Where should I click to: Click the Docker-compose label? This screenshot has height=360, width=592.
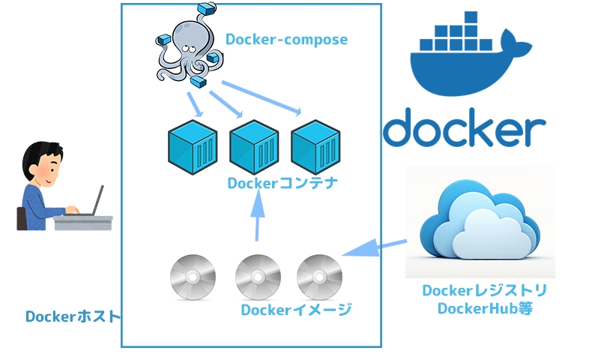point(287,38)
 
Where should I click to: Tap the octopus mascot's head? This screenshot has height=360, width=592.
point(187,34)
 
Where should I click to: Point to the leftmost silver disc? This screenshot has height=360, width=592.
point(193,277)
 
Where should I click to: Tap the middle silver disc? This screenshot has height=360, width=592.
point(258,277)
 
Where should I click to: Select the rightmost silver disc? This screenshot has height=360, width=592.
point(319,277)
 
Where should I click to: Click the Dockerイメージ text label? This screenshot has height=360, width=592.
point(297,310)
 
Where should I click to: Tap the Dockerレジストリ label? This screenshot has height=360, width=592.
point(485,290)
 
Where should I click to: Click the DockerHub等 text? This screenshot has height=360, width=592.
point(485,308)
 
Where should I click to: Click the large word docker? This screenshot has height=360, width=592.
point(464,128)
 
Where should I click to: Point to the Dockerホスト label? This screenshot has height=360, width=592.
point(73,316)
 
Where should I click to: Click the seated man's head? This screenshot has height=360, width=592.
point(40,163)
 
